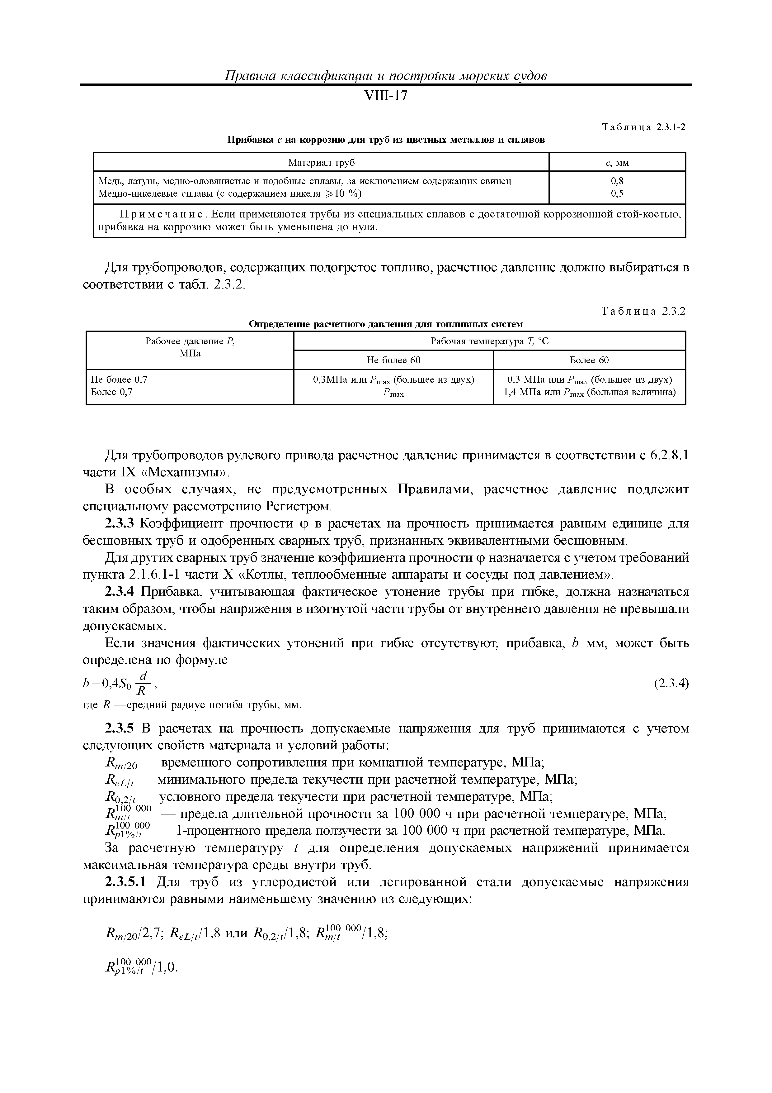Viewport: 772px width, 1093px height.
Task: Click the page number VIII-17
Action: coord(386,96)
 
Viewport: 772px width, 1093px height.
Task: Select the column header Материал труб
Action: coord(322,163)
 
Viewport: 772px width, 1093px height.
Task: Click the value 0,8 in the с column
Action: coord(617,181)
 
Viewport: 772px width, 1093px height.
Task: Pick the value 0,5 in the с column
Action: coord(617,193)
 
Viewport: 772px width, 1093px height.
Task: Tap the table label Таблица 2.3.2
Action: coord(643,311)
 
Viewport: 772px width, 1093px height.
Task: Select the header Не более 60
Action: coord(393,360)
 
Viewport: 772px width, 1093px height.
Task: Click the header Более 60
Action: coord(589,360)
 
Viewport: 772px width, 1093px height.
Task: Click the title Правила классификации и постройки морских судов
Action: coord(386,76)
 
